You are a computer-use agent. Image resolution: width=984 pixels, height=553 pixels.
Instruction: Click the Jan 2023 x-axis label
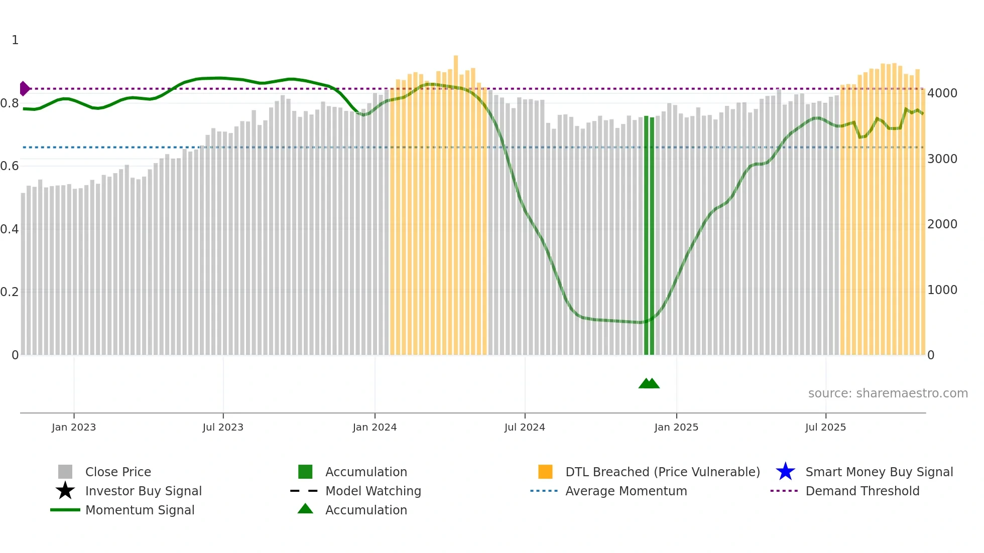[x=74, y=427]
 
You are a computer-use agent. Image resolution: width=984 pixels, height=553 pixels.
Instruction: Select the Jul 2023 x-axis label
[x=223, y=427]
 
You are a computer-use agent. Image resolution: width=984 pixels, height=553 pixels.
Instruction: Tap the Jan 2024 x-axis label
[x=375, y=427]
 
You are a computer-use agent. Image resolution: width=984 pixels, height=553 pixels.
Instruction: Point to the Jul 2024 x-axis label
[x=525, y=427]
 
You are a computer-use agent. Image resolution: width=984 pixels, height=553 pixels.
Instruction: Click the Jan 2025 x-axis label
[x=676, y=427]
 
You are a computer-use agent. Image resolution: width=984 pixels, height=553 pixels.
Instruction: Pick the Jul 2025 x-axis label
[x=825, y=427]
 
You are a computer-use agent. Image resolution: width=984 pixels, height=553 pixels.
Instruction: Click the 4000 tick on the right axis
[x=942, y=93]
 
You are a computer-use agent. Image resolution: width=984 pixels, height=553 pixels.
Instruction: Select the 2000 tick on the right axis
[x=942, y=224]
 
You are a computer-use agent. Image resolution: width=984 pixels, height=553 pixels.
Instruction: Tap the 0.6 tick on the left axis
[x=10, y=166]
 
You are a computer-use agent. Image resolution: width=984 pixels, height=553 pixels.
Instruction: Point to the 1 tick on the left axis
[x=15, y=40]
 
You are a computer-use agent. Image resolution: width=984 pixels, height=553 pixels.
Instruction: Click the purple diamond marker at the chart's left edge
[x=24, y=89]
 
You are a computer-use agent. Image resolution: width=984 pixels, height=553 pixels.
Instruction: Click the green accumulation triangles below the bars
[x=649, y=383]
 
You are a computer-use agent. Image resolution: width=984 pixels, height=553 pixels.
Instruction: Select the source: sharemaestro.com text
[x=888, y=393]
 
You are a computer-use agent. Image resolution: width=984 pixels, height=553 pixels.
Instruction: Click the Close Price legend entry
[x=118, y=472]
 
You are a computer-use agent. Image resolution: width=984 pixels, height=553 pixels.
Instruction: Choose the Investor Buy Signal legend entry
[x=143, y=491]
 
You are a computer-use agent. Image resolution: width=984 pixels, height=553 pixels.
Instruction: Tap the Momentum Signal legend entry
[x=140, y=510]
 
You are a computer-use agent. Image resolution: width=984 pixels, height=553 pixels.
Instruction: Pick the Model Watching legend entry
[x=373, y=491]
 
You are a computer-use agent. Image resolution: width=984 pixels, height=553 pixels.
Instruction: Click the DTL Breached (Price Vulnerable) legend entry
[x=662, y=472]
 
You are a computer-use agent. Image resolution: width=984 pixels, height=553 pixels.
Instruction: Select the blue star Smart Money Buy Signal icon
[x=785, y=472]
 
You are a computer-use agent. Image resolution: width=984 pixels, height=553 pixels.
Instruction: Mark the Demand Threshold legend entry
[x=862, y=491]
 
